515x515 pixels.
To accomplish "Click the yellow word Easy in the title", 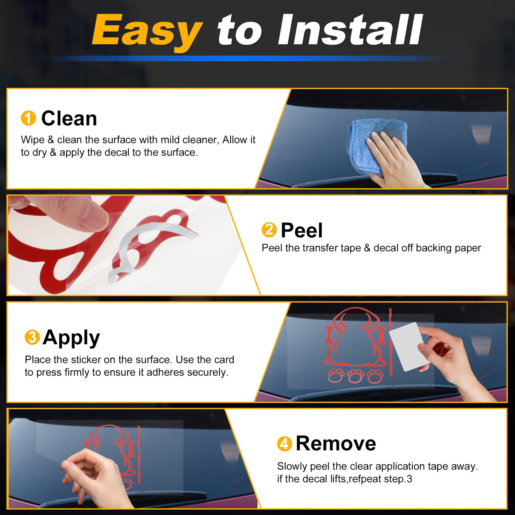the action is pos(147,31).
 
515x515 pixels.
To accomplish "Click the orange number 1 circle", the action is pos(28,118).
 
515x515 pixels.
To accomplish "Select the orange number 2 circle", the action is pos(269,230).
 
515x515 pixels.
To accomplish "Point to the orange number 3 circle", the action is pos(32,337).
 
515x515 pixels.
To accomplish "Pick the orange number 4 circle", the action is pos(285,444).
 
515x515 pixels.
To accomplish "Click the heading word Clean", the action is pos(69,118).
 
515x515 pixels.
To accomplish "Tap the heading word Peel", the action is pos(302,230).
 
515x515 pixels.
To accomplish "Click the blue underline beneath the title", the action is pos(251,58).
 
